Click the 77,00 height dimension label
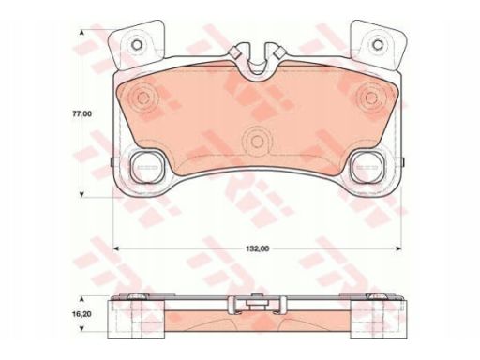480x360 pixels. [82, 114]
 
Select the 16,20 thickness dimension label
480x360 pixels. [82, 314]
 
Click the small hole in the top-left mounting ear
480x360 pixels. [137, 45]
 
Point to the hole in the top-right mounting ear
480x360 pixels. [378, 44]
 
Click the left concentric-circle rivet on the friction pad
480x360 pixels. [143, 97]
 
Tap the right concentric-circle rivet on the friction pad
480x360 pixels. [371, 97]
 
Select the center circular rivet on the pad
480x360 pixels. [257, 142]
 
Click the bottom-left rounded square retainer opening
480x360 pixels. [146, 167]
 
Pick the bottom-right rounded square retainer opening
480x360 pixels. [367, 167]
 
